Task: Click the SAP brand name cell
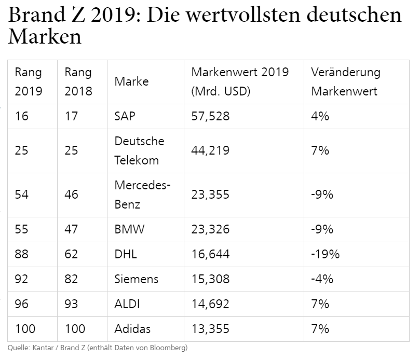125,116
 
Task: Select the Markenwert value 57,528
210,116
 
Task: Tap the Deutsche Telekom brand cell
139,150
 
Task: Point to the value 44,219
210,150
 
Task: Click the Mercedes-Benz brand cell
142,195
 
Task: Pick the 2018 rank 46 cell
71,195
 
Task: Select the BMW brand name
129,229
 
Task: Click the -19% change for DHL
325,254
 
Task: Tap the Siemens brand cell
137,279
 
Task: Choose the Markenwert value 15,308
211,279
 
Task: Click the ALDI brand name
127,304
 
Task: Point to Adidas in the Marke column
132,329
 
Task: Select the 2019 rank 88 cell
21,254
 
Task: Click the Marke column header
131,81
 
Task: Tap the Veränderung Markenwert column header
346,81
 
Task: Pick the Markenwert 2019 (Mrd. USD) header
240,81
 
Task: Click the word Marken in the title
45,36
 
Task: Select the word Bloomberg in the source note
169,348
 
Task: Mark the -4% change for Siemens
322,279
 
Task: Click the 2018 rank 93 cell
71,304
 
